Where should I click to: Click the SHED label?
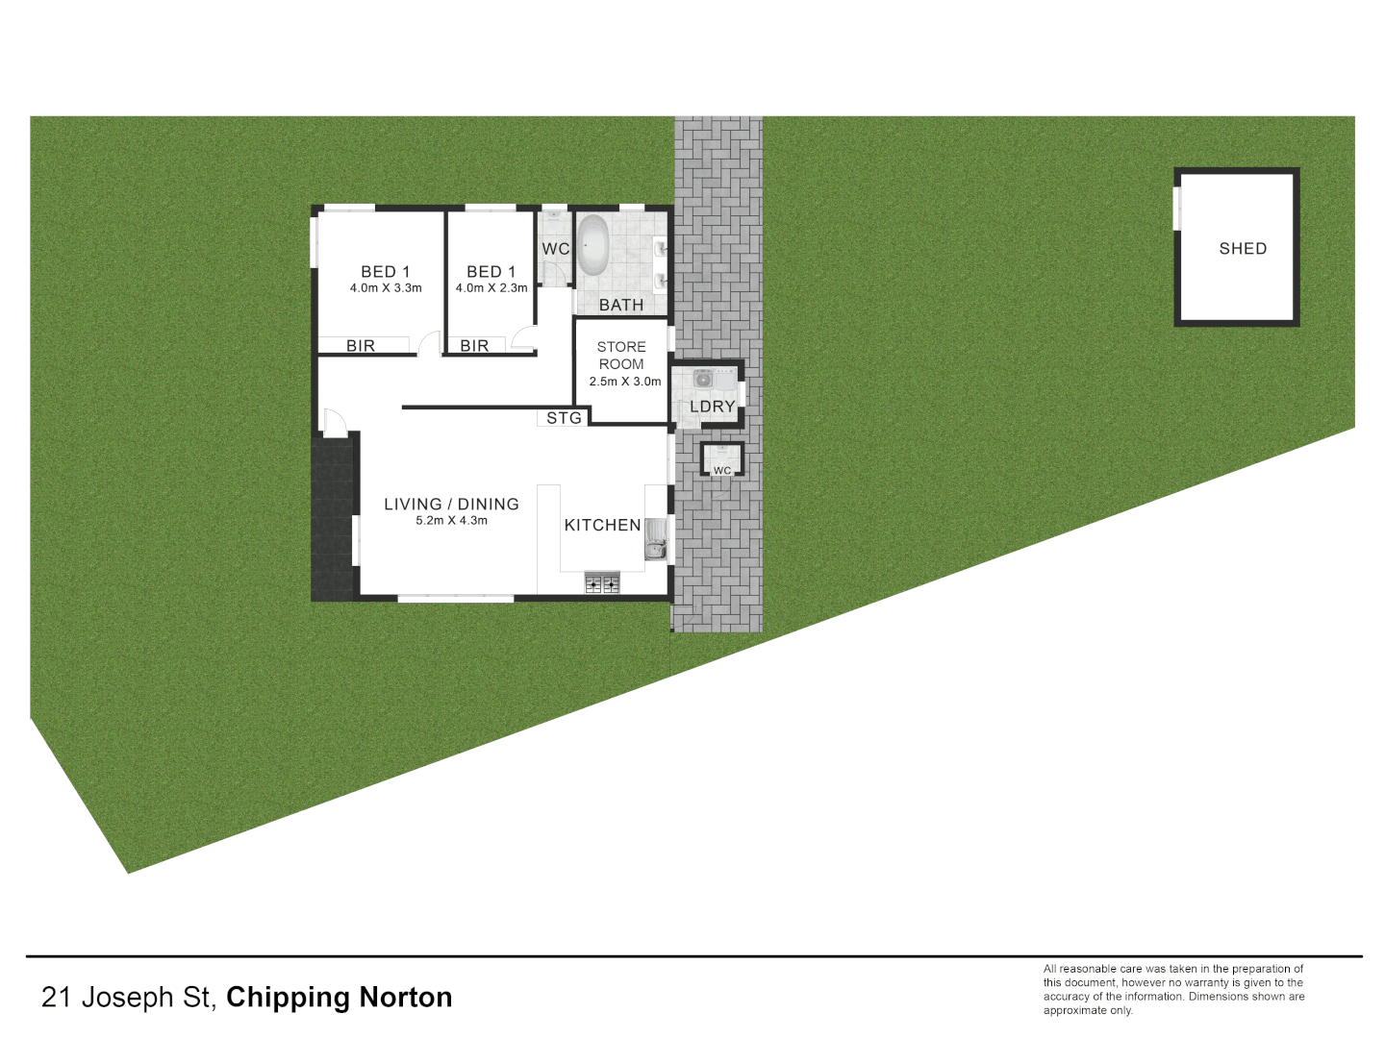[x=1243, y=249]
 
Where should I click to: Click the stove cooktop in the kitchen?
[x=602, y=582]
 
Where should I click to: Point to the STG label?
[x=564, y=418]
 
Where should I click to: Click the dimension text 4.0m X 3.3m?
[x=386, y=288]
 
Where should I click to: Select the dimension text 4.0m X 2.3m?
[x=491, y=288]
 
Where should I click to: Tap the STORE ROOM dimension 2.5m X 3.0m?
[x=625, y=382]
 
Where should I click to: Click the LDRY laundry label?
[x=712, y=407]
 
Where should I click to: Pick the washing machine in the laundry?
[x=703, y=379]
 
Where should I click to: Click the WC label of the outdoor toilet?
[x=722, y=470]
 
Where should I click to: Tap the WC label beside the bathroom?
[x=555, y=249]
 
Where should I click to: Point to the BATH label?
[x=621, y=305]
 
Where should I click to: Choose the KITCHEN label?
[x=602, y=525]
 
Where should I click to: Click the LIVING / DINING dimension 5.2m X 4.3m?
[x=451, y=521]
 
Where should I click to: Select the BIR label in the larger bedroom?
[x=361, y=346]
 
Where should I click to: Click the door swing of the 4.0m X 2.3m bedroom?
[x=524, y=339]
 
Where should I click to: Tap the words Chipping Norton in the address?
[x=339, y=998]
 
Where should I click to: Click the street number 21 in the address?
[x=57, y=998]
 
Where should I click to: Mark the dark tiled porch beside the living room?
[x=333, y=519]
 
